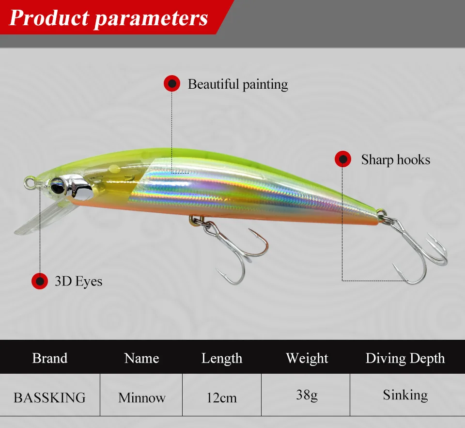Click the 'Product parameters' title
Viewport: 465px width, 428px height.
point(108,18)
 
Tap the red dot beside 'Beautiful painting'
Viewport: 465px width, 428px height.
point(171,84)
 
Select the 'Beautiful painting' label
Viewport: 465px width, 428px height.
point(237,84)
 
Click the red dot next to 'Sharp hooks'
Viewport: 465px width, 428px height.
point(343,159)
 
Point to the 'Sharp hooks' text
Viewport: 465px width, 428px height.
point(395,159)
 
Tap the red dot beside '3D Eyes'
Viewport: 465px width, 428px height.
point(39,281)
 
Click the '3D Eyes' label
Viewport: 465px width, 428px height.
point(78,281)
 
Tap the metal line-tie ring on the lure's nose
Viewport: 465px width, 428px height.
point(30,182)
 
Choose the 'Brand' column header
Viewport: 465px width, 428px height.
point(49,358)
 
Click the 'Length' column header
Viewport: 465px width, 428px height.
point(221,358)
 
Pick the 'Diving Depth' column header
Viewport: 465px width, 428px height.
point(405,358)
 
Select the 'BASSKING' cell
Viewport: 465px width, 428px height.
point(49,398)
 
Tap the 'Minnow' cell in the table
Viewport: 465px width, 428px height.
point(141,398)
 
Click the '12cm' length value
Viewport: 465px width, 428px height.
point(221,398)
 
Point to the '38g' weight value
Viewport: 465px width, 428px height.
point(307,395)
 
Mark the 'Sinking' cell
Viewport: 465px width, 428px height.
point(405,395)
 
